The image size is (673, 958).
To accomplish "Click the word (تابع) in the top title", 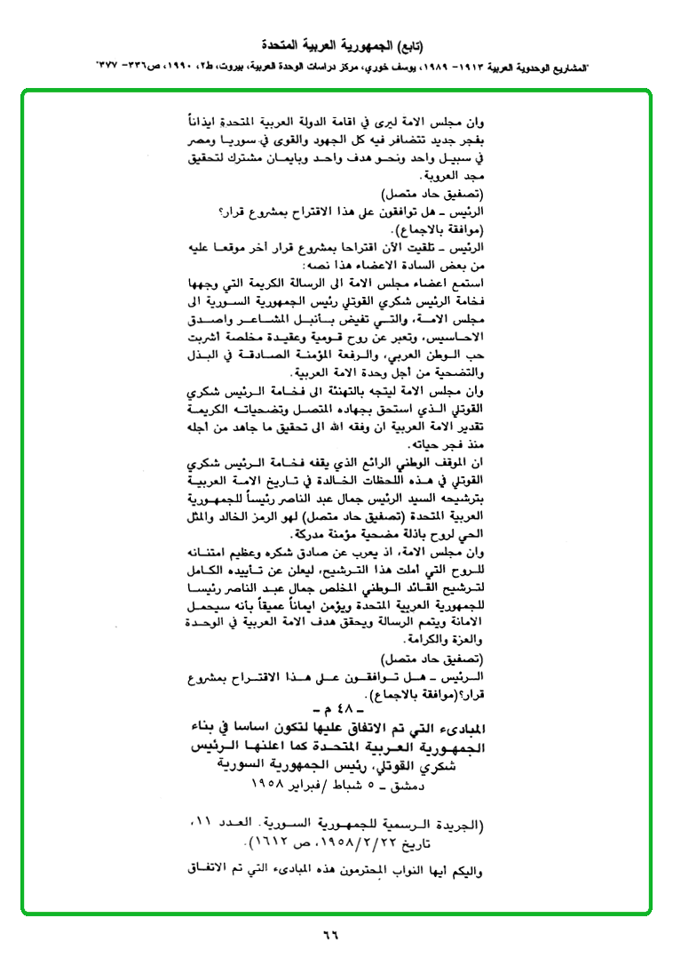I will click(x=407, y=44).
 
